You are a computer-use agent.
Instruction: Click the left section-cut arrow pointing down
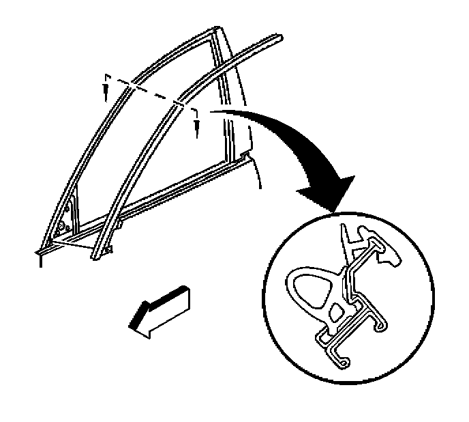[x=106, y=88]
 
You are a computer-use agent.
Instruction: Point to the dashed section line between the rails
[x=150, y=93]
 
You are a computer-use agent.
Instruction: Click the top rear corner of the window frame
[x=217, y=31]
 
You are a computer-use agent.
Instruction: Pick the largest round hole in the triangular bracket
[x=62, y=225]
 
